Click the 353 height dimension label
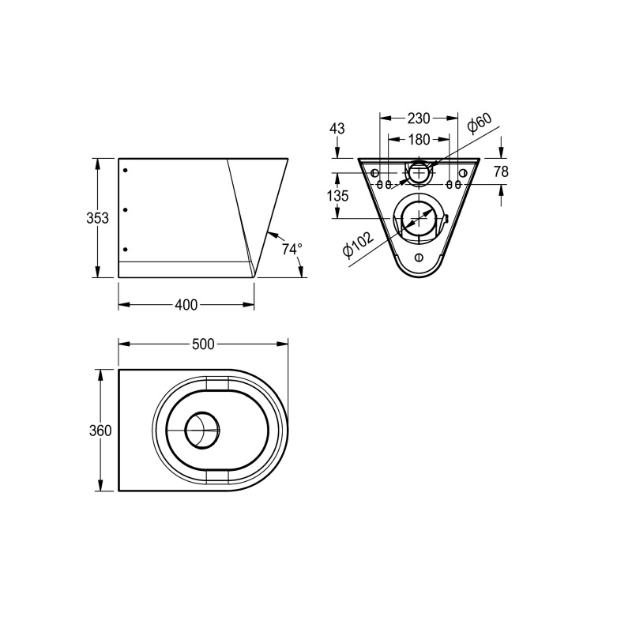tap(97, 219)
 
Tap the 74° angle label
tap(292, 249)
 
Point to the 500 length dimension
tap(203, 344)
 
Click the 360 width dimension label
tap(100, 431)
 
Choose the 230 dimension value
tap(418, 118)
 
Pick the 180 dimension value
tap(418, 140)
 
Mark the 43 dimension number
tap(337, 129)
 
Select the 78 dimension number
tap(501, 171)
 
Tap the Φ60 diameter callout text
tap(479, 124)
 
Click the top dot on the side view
tap(125, 169)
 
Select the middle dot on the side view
tap(125, 209)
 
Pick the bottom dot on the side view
tap(125, 250)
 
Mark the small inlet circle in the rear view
tap(419, 172)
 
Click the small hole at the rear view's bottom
tap(419, 258)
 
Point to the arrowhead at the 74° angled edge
tap(270, 233)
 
